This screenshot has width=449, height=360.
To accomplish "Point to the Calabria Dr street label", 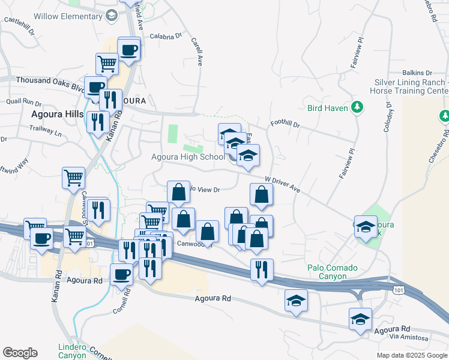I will pyautogui.click(x=165, y=36).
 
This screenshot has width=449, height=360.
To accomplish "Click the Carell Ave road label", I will pyautogui.click(x=197, y=52).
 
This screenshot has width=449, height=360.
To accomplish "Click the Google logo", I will pyautogui.click(x=20, y=353).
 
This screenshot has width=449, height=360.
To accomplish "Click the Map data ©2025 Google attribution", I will pyautogui.click(x=411, y=355).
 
